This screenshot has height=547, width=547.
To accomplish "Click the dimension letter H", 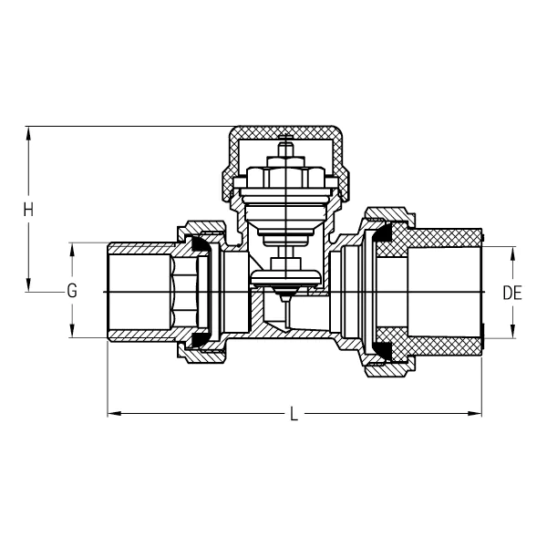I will (28, 209).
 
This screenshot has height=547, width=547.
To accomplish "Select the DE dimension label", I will (512, 293).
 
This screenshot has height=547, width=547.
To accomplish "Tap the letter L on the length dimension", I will (294, 415).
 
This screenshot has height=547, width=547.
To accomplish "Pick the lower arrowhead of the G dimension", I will (70, 332).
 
